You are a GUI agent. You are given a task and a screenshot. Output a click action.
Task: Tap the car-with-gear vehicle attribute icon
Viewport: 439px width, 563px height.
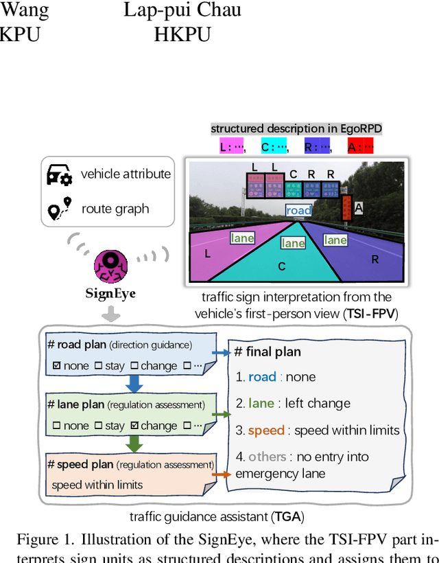tap(59, 175)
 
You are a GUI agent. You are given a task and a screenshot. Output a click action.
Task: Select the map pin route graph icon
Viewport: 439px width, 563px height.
tap(59, 209)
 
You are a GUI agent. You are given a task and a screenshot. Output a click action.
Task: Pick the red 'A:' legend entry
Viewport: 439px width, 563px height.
tap(359, 146)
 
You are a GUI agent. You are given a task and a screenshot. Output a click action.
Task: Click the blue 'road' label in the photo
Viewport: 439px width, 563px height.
tap(299, 210)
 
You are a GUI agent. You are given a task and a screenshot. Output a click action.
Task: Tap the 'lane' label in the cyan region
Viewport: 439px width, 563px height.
tap(293, 243)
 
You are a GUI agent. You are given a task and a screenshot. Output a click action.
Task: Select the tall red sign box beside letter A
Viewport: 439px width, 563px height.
tap(346, 207)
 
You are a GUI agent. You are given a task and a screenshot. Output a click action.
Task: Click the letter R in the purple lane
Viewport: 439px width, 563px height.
tap(375, 260)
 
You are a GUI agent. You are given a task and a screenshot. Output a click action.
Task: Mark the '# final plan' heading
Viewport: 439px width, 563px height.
tap(268, 352)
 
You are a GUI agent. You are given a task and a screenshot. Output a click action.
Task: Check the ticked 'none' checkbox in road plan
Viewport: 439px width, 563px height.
tap(57, 366)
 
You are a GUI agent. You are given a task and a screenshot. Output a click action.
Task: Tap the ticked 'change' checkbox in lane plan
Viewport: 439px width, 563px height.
tap(134, 426)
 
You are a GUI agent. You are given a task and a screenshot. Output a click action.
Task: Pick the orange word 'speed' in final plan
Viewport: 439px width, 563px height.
tap(266, 430)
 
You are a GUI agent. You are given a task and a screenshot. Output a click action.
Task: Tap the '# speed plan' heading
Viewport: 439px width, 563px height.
tap(77, 465)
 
